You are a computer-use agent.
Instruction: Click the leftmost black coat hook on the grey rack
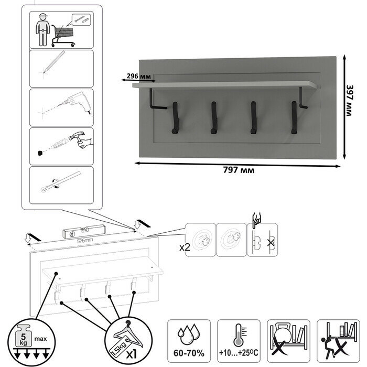pos(173,116)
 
